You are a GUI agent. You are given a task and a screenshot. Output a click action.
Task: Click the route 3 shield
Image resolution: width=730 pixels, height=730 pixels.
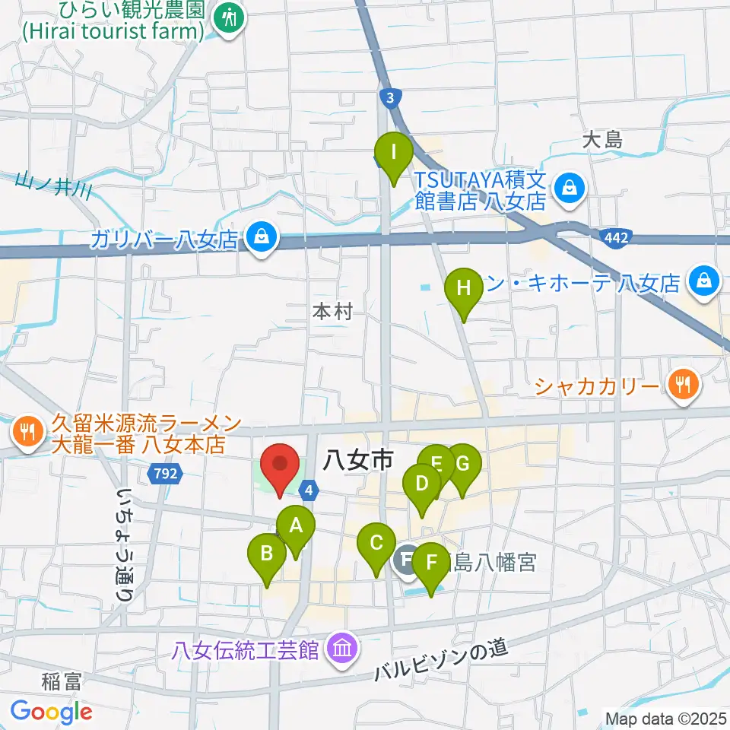(389, 97)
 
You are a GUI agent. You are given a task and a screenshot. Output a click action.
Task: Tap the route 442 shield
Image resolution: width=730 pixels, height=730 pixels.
(617, 239)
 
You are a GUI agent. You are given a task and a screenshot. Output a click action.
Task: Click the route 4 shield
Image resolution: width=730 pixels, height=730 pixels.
(308, 491)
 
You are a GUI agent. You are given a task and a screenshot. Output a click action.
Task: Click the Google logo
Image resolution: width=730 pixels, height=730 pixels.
(51, 712)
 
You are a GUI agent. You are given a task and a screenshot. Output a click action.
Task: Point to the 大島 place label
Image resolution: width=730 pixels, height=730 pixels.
(603, 140)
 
